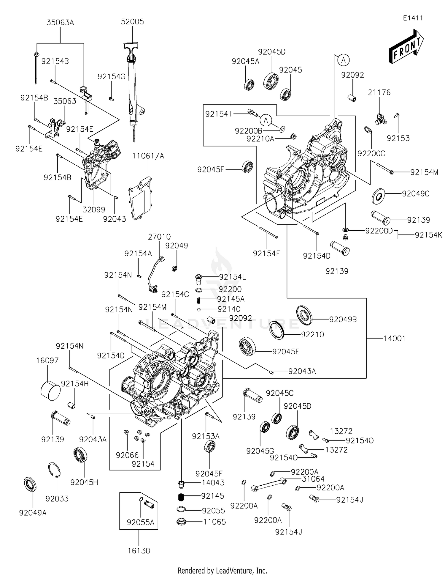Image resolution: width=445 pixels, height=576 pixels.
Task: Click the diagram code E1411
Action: pyautogui.click(x=413, y=18)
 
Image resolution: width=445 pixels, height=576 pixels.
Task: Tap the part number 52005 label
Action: pyautogui.click(x=132, y=22)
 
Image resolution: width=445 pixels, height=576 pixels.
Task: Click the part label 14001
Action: pyautogui.click(x=394, y=339)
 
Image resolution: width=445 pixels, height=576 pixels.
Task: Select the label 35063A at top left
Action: pyautogui.click(x=60, y=23)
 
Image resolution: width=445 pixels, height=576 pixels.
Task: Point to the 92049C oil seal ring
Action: pyautogui.click(x=378, y=196)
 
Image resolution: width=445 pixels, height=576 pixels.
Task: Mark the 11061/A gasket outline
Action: pyautogui.click(x=140, y=199)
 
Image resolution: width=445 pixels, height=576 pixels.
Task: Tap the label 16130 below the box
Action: pyautogui.click(x=139, y=551)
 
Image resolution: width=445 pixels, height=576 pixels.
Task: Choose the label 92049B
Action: pyautogui.click(x=343, y=320)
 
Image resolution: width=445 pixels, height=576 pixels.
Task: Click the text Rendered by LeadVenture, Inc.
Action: pyautogui.click(x=222, y=570)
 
